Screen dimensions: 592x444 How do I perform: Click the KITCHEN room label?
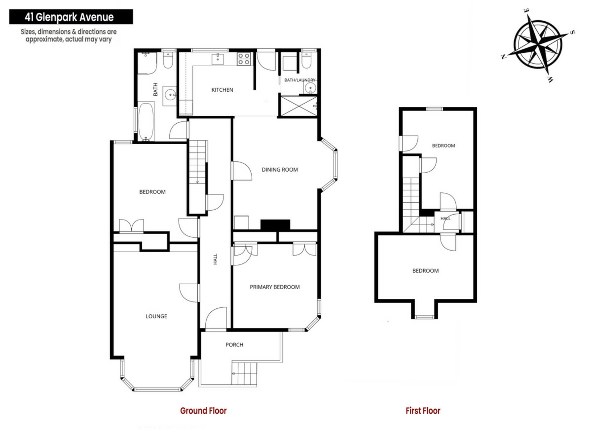click(222, 90)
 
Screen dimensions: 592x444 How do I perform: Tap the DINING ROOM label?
click(280, 170)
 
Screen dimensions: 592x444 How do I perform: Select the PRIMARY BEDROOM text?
click(275, 287)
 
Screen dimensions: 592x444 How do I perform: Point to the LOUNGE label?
click(156, 316)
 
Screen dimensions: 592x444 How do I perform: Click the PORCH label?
click(234, 345)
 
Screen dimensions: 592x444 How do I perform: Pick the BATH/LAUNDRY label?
click(300, 80)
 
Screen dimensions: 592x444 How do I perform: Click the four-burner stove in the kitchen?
click(244, 59)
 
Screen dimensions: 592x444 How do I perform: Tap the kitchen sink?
click(218, 59)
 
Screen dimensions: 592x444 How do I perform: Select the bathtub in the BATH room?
click(146, 121)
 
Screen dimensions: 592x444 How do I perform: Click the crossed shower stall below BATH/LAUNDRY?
click(298, 106)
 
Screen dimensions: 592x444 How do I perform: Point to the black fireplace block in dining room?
click(275, 225)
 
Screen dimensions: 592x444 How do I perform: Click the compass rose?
click(538, 45)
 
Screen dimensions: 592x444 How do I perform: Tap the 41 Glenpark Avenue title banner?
click(71, 17)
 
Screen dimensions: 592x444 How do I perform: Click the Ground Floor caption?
click(203, 411)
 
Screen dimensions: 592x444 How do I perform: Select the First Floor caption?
click(423, 411)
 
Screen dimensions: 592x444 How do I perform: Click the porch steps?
click(244, 373)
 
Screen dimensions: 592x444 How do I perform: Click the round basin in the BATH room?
click(169, 94)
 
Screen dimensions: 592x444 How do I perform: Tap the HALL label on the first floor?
click(446, 218)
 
